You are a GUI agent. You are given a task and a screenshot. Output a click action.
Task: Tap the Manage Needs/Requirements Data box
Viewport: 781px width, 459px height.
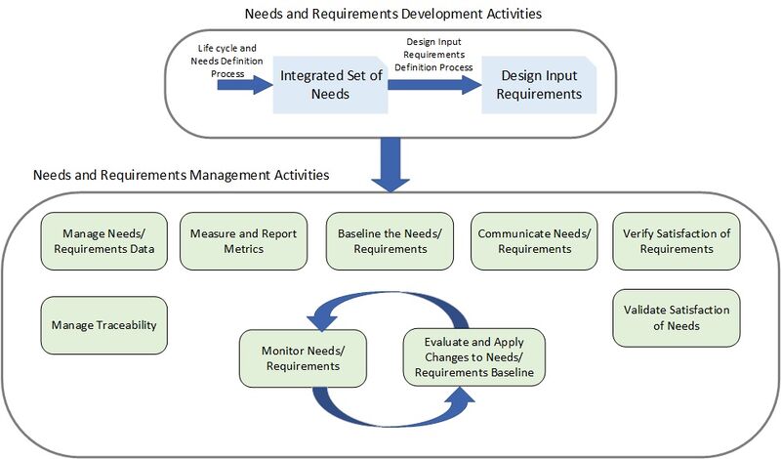[x=102, y=241]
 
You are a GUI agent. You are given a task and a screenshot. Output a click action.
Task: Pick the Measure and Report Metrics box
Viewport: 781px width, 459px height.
[x=243, y=241]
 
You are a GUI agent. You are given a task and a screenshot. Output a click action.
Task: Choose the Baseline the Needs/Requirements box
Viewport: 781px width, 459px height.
[x=390, y=241]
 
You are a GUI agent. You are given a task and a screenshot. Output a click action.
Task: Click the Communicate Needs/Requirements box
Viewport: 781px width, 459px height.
[x=534, y=241]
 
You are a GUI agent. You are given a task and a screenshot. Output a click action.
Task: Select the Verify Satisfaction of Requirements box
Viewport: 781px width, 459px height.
[x=677, y=241]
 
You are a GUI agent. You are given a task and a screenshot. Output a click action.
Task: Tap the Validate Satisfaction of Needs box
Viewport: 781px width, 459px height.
[x=677, y=317]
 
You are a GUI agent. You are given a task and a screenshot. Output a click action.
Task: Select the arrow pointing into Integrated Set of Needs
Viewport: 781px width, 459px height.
[x=245, y=85]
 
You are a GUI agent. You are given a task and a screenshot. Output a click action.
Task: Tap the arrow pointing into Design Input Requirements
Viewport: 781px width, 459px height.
[x=435, y=85]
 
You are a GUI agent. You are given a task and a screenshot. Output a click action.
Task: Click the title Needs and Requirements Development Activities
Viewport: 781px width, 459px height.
[x=390, y=15]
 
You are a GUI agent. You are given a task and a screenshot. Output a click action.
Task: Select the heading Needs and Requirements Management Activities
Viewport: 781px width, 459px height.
[x=181, y=176]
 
